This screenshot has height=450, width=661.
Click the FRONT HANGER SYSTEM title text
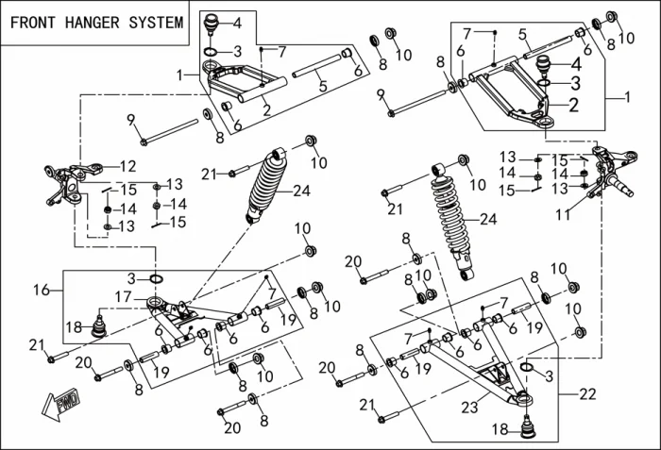coord(97,23)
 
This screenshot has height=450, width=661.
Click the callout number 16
coord(42,291)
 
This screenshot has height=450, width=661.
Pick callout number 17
coord(123,297)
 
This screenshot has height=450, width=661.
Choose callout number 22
coord(590,392)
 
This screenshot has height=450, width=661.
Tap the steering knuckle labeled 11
coord(601,170)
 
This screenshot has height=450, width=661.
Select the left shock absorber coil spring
coord(267,183)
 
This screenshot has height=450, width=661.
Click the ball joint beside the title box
coord(212,22)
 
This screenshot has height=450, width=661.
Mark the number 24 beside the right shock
coord(487,220)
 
